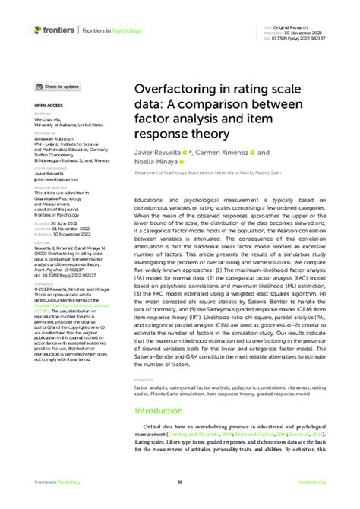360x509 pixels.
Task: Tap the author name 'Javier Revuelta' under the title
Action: tap(156, 152)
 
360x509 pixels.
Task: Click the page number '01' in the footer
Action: tap(180, 482)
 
